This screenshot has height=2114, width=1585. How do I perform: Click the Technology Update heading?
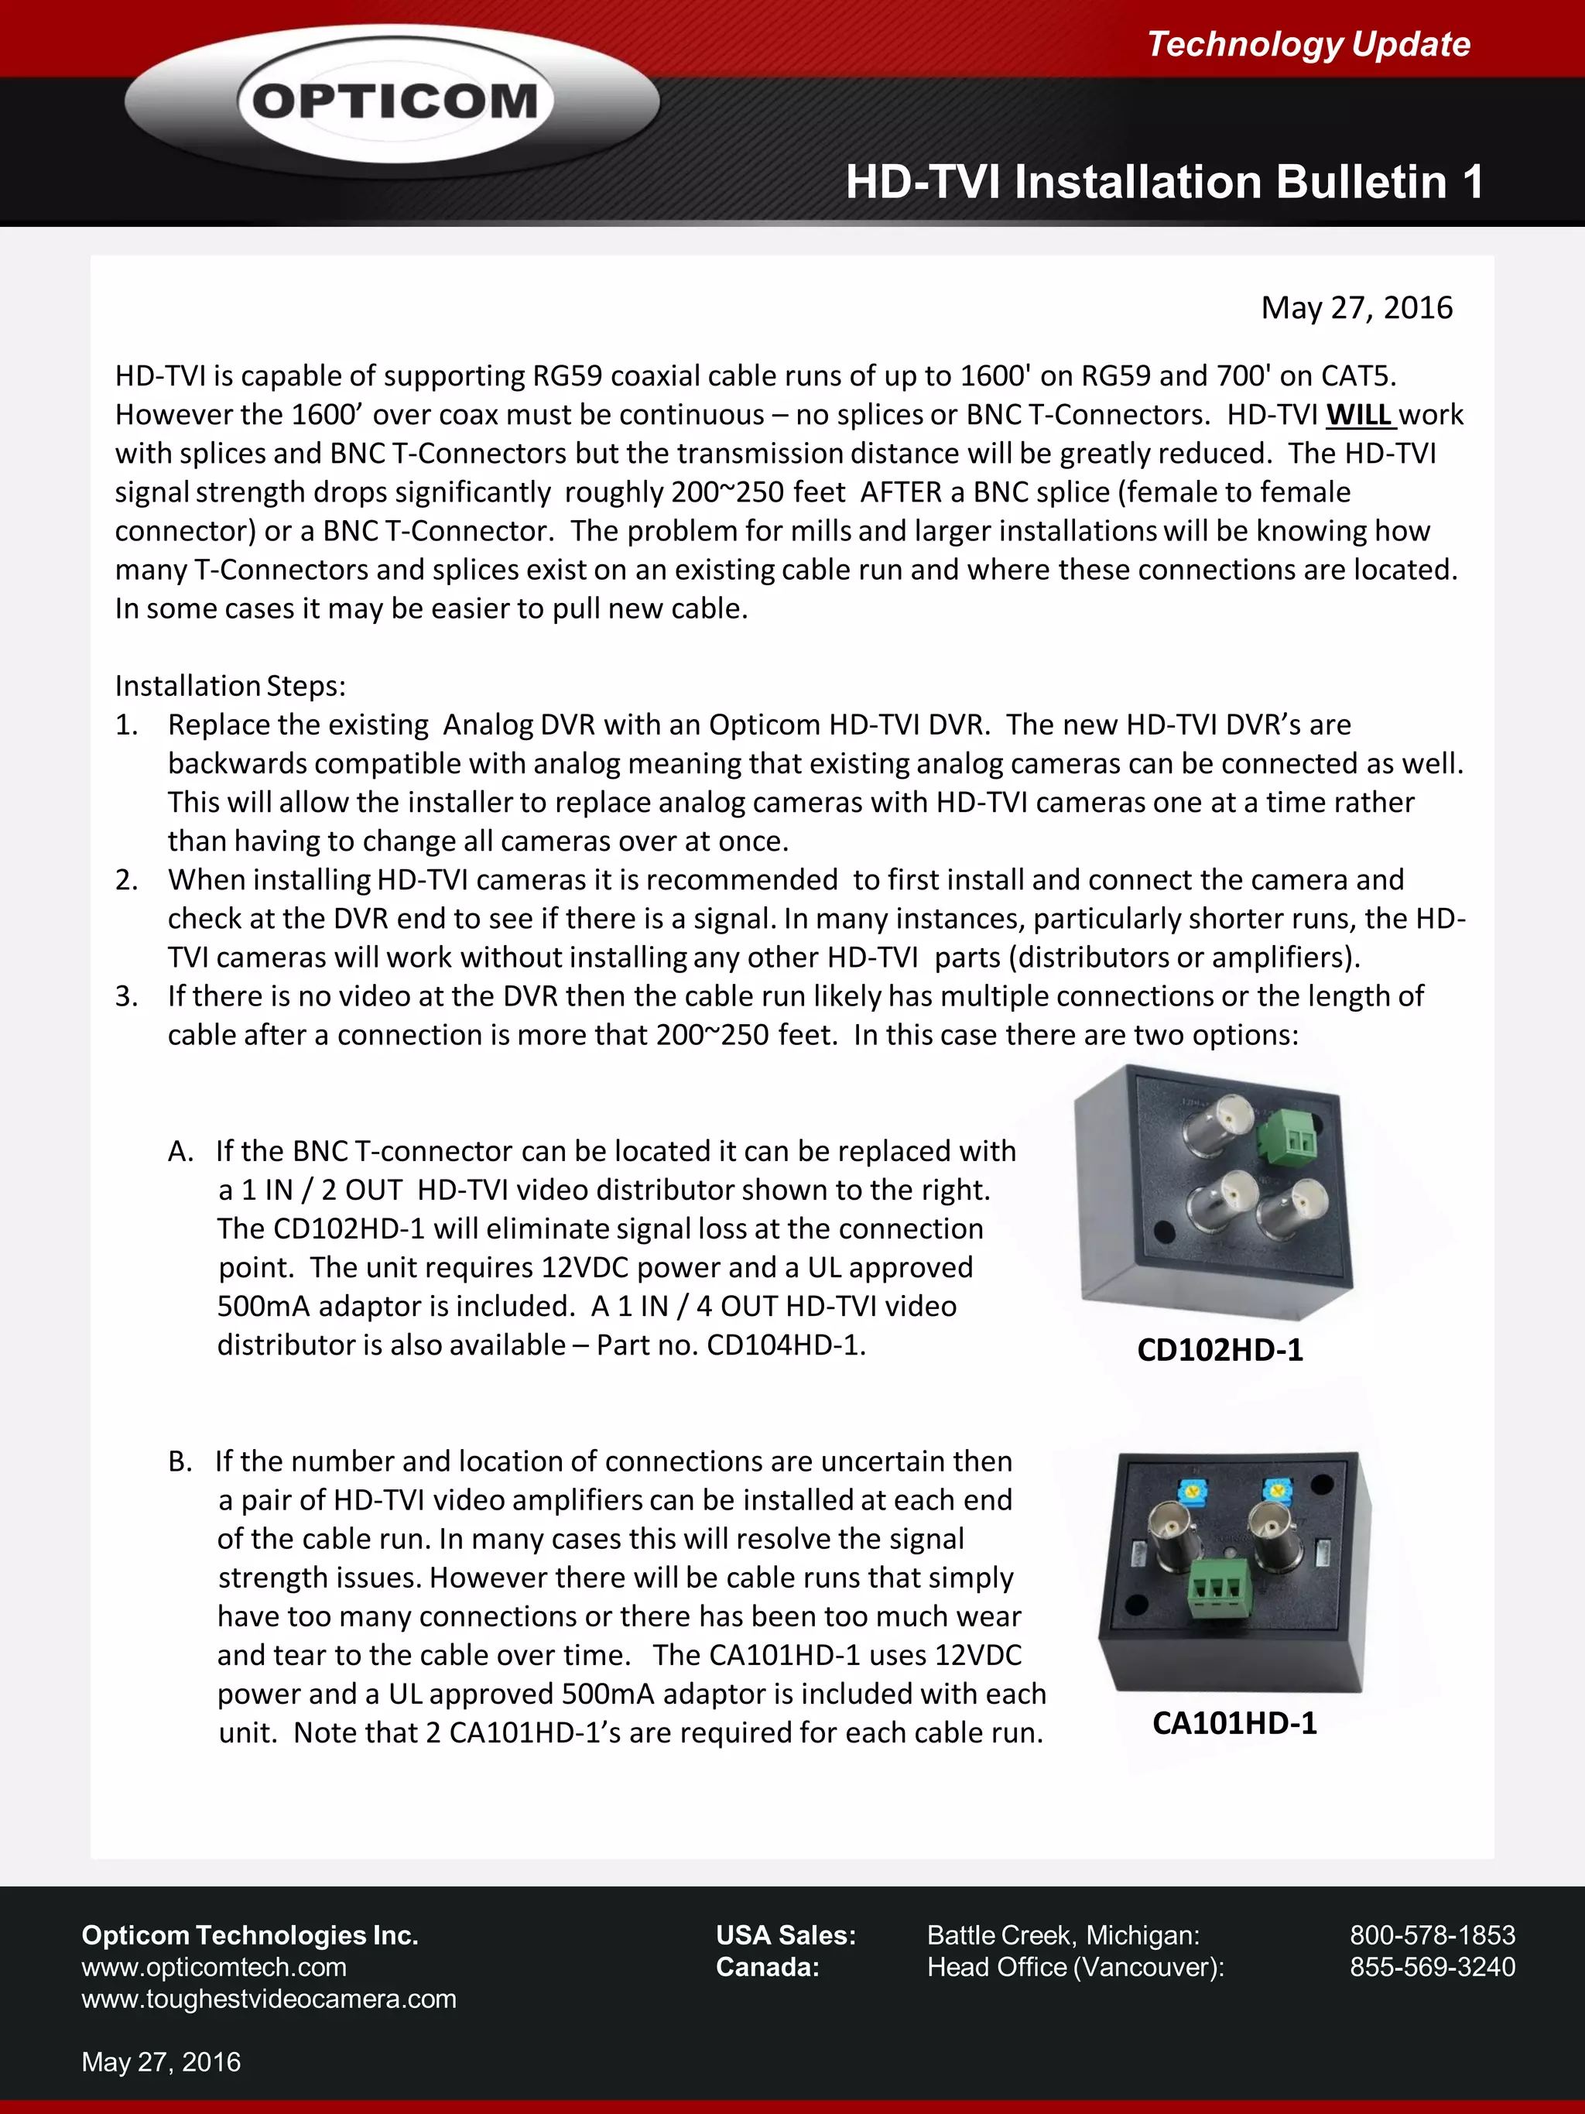pos(1308,44)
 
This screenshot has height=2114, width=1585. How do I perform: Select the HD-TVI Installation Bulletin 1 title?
pos(1164,182)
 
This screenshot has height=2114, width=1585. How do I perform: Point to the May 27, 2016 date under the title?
pos(1356,308)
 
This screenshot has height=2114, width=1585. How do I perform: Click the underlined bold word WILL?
pos(1358,415)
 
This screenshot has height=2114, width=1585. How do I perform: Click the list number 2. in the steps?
pos(127,880)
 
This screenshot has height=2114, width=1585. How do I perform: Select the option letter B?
pos(180,1462)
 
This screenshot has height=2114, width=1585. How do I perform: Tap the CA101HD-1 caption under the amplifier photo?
pos(1234,1723)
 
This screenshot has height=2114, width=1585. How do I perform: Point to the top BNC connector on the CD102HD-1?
pos(1216,1121)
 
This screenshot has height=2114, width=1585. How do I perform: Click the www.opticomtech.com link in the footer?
pos(214,1968)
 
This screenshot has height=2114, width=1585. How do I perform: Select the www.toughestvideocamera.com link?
pos(269,1999)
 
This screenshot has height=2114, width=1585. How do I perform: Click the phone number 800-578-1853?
pos(1432,1935)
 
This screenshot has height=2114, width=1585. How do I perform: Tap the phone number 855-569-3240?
pos(1432,1967)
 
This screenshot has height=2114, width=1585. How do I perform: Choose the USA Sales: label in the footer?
pos(786,1935)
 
